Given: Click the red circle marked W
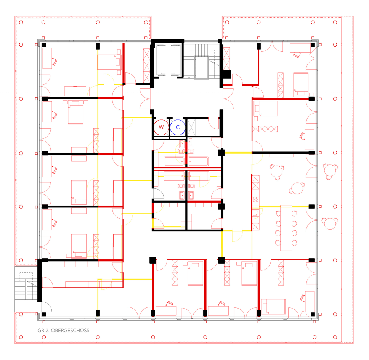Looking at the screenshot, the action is [x=161, y=127].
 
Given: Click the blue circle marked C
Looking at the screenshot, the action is [x=178, y=127].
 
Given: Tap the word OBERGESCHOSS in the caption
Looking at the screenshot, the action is [x=70, y=330].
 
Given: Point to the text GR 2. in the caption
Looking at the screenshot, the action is [x=43, y=330].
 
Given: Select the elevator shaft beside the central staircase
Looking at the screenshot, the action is [x=168, y=60].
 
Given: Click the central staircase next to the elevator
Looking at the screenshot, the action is [x=201, y=62].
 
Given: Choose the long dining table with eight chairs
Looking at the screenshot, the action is [x=286, y=228].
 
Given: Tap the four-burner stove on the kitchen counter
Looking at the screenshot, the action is [x=256, y=199].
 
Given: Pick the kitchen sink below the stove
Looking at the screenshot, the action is [x=255, y=213].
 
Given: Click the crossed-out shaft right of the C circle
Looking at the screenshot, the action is [x=191, y=127].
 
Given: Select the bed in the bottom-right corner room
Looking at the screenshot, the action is [x=273, y=307].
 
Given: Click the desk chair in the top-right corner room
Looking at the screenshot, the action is [x=297, y=55].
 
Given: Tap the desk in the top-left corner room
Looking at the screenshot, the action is [x=47, y=58].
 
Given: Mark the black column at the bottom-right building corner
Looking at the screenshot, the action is [x=313, y=314].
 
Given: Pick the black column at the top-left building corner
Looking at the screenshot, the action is [x=44, y=45].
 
